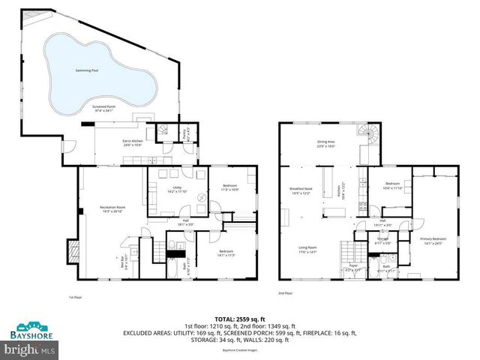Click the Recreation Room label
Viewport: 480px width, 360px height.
(112, 208)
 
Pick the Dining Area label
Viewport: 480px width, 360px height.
(325, 142)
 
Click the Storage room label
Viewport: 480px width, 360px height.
(382, 241)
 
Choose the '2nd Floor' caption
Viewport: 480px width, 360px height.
(285, 293)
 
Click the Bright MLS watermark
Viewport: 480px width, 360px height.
(30, 349)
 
